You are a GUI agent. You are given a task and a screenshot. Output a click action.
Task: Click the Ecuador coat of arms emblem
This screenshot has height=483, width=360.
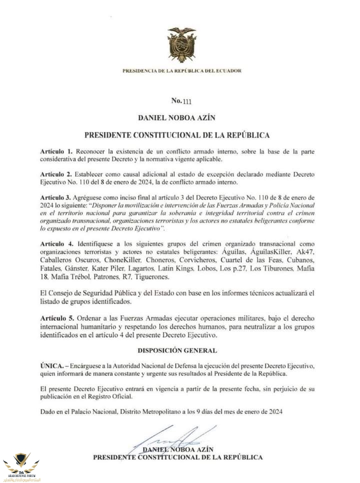(x=181, y=44)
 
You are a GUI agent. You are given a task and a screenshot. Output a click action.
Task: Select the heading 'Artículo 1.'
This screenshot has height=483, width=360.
(x=56, y=151)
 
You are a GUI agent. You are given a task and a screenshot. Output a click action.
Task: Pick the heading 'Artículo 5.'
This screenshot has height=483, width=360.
(x=56, y=318)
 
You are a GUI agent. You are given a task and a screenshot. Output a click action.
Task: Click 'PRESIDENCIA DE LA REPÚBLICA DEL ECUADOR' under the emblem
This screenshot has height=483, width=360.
(x=181, y=71)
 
